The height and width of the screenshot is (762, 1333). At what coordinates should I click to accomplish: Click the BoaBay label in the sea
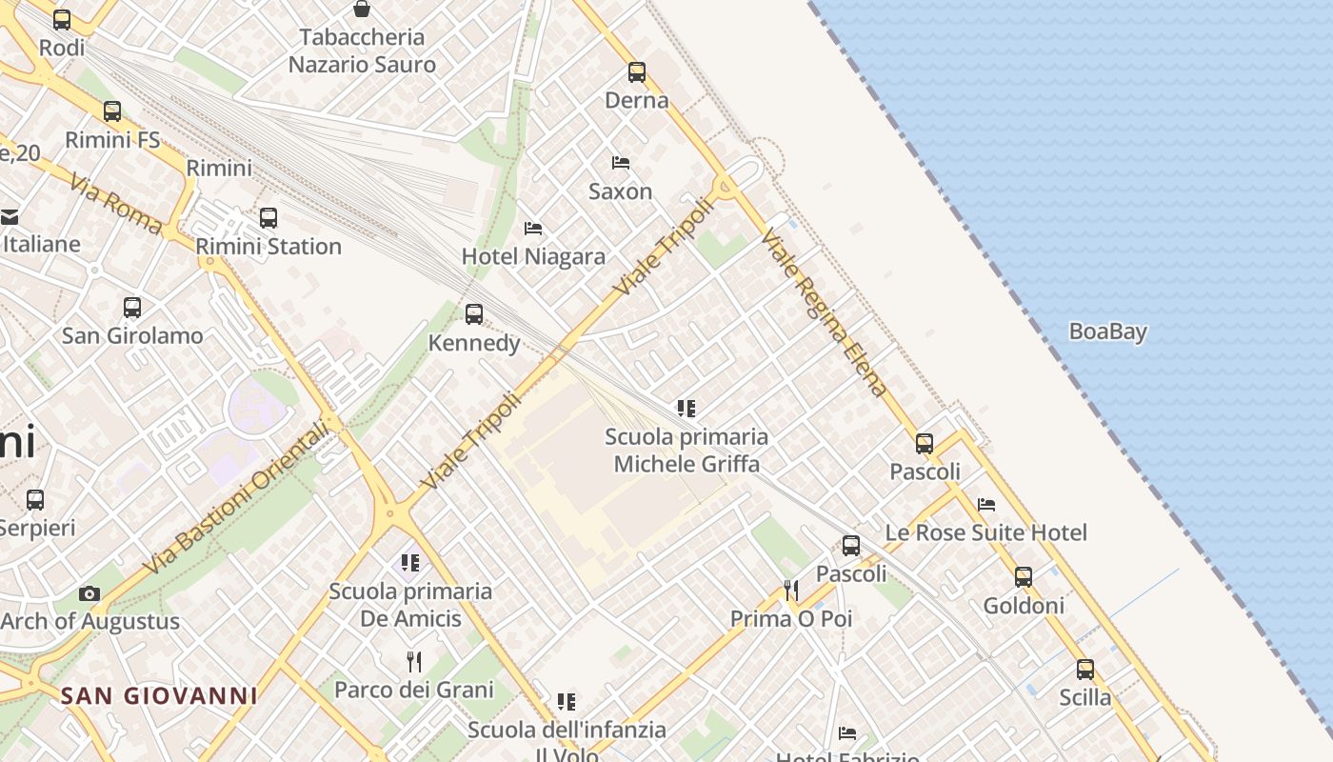point(1107,331)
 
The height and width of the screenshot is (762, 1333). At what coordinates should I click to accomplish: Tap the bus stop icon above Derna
point(637,71)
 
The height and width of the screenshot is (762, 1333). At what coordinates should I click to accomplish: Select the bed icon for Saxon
point(621,163)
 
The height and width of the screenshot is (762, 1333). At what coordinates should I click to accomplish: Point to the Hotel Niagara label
point(533,256)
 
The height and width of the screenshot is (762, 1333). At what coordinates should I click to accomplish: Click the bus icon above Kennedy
point(473,314)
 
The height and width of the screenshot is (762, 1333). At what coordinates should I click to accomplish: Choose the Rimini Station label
point(269,247)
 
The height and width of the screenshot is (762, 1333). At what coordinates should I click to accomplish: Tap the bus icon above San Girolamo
point(132,308)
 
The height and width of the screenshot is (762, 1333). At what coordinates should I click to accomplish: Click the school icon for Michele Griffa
point(686,409)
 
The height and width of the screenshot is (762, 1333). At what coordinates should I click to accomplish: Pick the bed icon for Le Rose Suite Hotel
point(986,504)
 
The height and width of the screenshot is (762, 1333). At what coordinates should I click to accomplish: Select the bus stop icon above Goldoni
point(1024,577)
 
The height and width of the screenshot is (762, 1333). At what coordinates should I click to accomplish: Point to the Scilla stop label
point(1085,697)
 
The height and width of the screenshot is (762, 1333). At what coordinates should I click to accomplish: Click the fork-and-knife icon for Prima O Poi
point(790,591)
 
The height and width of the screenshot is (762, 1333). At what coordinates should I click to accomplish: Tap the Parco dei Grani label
point(414,690)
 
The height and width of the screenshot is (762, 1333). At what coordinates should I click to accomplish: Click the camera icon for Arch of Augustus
point(90,593)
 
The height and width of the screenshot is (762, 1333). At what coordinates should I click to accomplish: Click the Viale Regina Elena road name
point(825,311)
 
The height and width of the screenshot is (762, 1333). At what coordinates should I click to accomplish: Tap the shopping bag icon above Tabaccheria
point(362,10)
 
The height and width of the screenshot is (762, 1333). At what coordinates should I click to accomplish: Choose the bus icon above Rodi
point(62,19)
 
